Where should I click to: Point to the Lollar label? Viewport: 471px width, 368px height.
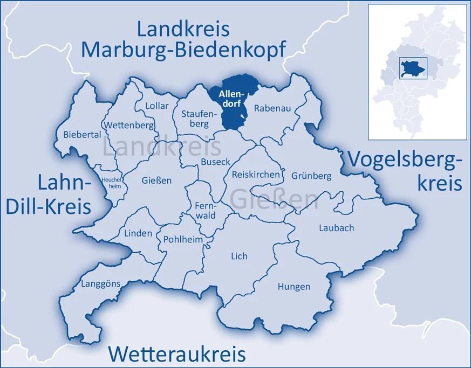point(157,106)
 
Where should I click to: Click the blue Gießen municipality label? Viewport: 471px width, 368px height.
point(156,180)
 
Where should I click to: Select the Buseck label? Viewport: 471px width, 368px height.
point(215,161)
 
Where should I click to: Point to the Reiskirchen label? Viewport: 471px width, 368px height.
point(256,175)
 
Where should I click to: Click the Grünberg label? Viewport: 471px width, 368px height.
point(311,176)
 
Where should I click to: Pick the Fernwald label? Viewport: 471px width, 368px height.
point(205,210)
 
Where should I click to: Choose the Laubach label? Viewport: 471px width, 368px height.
point(336,227)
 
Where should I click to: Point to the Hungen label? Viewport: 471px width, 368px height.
point(294,287)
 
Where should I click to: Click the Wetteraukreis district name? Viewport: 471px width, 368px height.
point(177,354)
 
